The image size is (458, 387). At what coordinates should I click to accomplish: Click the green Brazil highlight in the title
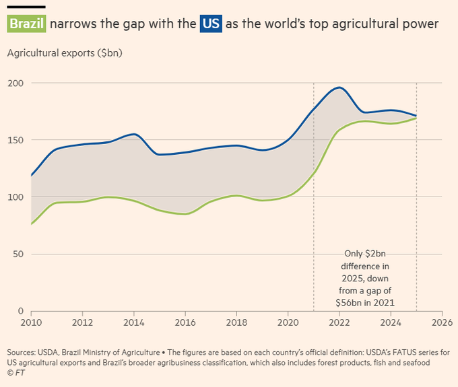[26, 24]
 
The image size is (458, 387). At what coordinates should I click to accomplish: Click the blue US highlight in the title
[211, 24]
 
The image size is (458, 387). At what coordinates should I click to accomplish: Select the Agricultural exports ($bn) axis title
[65, 53]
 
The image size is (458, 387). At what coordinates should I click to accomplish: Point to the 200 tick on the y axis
[15, 83]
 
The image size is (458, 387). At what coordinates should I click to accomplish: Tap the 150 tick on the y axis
[15, 140]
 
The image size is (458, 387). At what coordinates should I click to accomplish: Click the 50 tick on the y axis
[18, 254]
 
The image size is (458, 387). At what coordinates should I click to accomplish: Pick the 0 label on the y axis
[21, 311]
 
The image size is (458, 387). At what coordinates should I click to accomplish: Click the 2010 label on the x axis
[31, 322]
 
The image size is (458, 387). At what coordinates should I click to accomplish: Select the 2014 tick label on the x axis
[134, 322]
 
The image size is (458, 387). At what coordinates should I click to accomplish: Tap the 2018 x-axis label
[236, 322]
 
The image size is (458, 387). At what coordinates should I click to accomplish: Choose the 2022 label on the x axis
[339, 322]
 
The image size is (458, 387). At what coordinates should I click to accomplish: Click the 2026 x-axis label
[442, 322]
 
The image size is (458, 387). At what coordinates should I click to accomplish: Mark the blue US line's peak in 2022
[339, 87]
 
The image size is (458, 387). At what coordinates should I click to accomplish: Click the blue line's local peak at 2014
[134, 134]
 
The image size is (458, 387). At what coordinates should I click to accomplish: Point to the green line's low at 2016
[186, 214]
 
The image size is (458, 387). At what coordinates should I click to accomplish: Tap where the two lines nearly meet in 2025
[416, 117]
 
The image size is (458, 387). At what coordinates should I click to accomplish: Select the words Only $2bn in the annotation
[365, 254]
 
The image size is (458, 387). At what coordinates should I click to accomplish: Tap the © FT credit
[16, 373]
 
